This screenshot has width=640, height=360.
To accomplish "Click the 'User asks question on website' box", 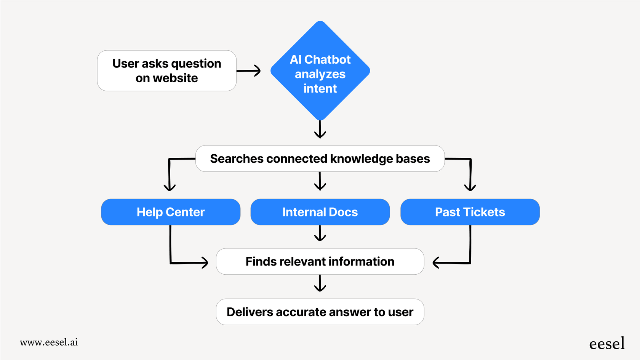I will tap(166, 71).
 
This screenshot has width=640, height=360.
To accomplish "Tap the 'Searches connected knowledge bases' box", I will tap(320, 158).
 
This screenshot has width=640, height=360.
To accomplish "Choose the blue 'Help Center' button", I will tap(171, 212).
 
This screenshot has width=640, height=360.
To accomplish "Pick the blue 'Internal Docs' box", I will tap(320, 212).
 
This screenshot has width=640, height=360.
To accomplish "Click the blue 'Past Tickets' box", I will tap(470, 212).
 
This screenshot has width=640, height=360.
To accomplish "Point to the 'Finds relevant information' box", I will tap(320, 261).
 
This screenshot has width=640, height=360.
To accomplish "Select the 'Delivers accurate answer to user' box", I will tap(320, 312).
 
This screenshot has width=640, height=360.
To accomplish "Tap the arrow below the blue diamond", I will tap(320, 130).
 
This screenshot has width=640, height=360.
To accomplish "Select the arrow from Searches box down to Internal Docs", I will tap(320, 181).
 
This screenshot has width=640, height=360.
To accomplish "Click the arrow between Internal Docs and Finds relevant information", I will tap(320, 233).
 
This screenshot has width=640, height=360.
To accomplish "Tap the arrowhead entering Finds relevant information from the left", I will tap(204, 262).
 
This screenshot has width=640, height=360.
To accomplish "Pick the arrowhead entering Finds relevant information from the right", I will tap(437, 262).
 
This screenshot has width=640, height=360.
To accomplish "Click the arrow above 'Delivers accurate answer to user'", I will tap(320, 283).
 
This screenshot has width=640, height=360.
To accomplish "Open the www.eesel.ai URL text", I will tap(49, 342).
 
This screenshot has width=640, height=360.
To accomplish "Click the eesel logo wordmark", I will tap(606, 344).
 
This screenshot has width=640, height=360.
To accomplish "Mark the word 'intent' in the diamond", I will tap(320, 89).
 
